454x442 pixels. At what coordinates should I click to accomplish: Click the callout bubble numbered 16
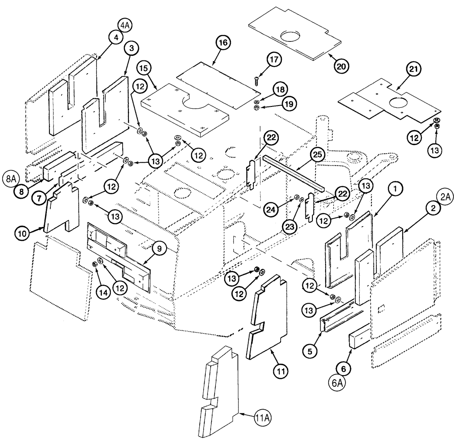[223, 43]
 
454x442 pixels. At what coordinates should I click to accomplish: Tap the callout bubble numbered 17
[275, 60]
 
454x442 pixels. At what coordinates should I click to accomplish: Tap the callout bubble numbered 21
[414, 70]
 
